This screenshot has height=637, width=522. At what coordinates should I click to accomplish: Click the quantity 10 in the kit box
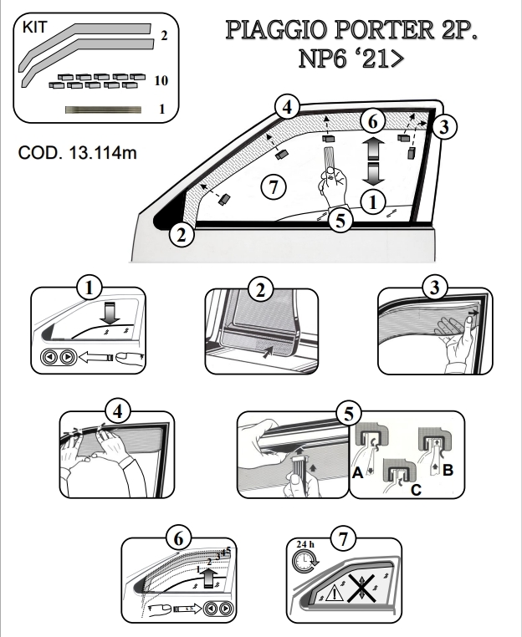point(162,80)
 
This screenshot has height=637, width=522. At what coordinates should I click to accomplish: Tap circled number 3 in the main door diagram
point(445,127)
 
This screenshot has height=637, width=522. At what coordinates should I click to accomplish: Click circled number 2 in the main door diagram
point(180,233)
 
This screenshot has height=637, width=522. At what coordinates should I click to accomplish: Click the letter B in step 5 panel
point(448,468)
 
